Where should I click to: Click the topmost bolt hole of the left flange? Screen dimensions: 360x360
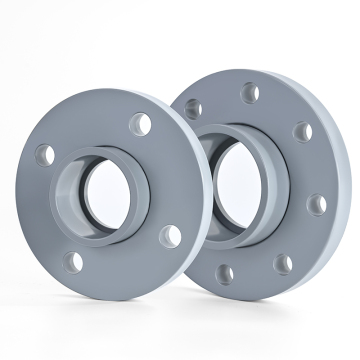pos(140,125)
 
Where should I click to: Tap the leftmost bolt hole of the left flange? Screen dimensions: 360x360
pos(44,155)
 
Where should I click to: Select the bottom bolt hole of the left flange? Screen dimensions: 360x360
pos(74,262)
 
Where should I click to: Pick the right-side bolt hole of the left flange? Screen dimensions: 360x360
pos(171,236)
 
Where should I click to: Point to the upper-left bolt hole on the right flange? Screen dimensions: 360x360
pos(194,108)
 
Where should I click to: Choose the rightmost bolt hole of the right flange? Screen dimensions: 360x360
pos(318,205)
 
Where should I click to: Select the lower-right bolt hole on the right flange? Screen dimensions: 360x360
pos(284,263)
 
